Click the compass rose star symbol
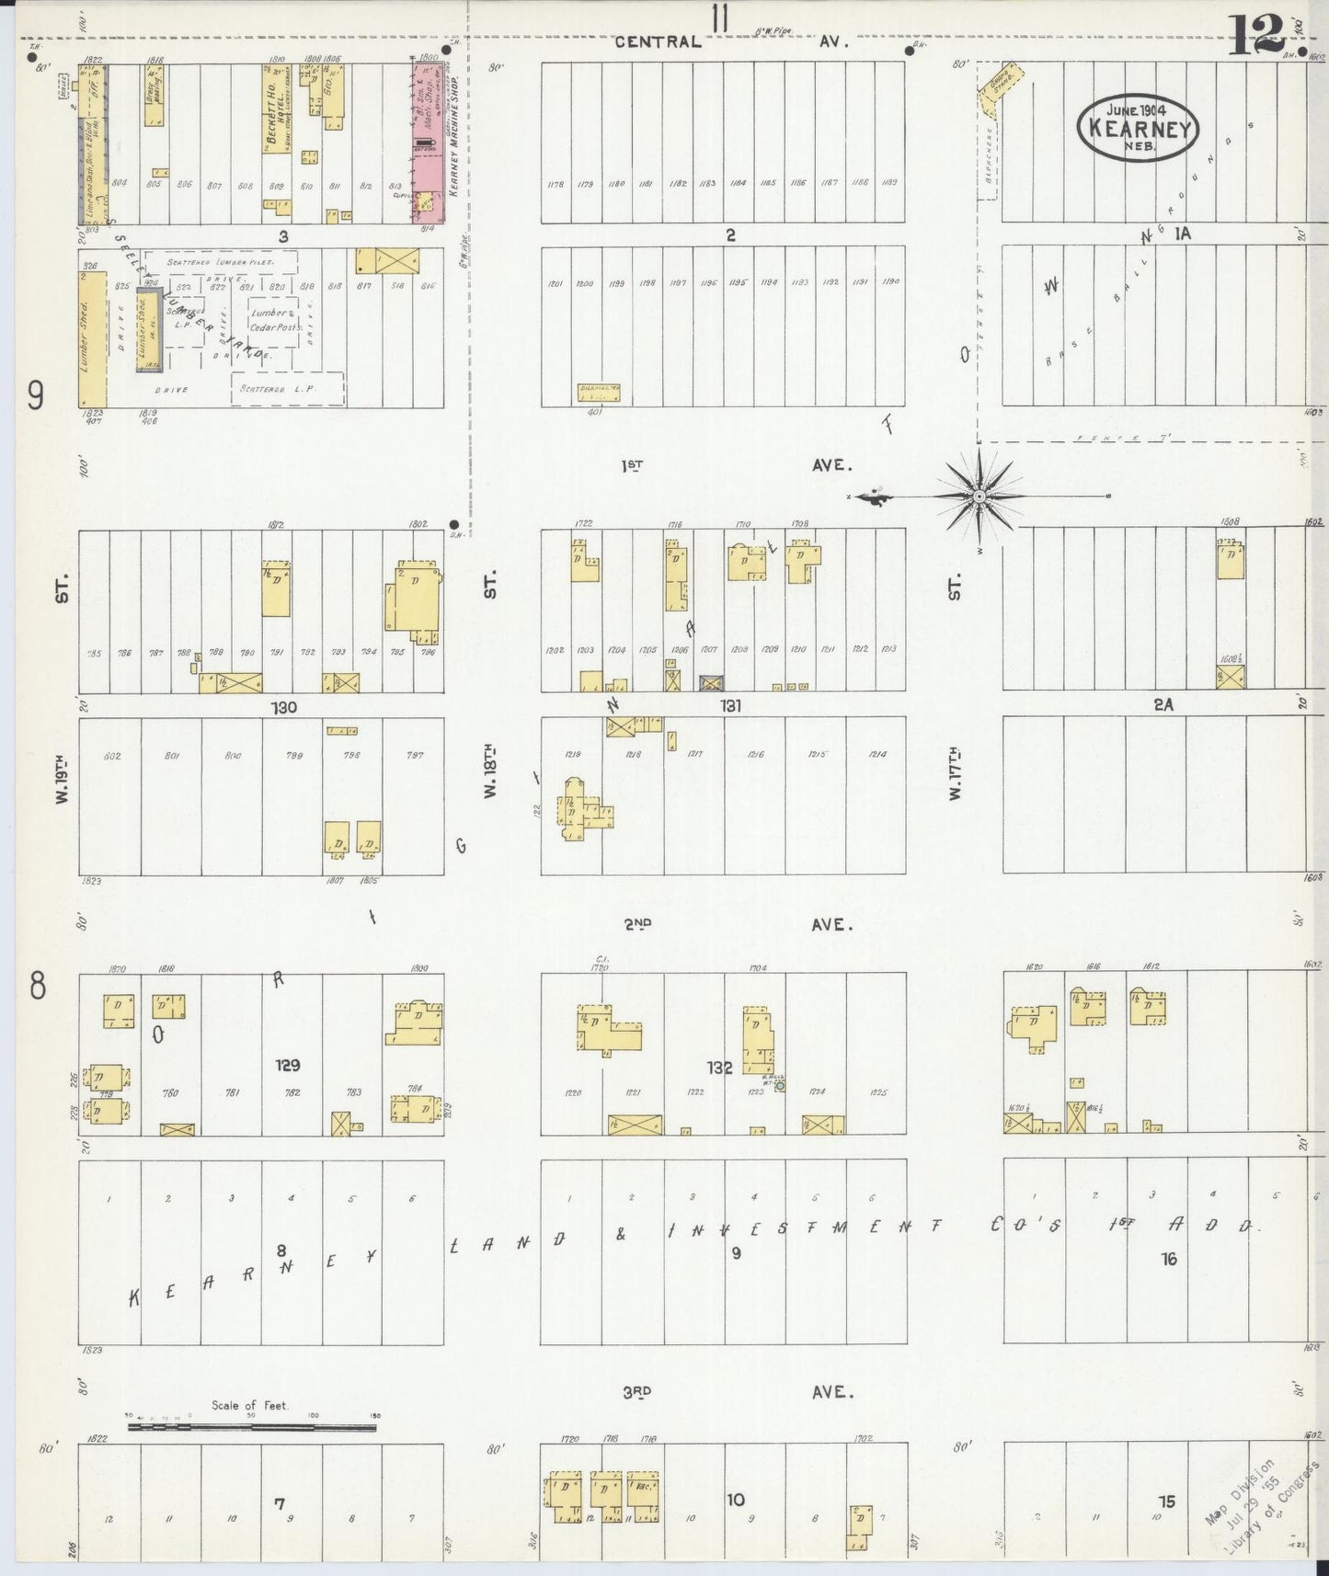(980, 497)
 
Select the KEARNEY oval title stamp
(1139, 129)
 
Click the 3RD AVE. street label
(736, 1391)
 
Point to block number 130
(283, 706)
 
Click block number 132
(719, 1067)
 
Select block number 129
(289, 1065)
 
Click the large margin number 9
(36, 396)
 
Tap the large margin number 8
(37, 986)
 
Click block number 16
(1168, 1258)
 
